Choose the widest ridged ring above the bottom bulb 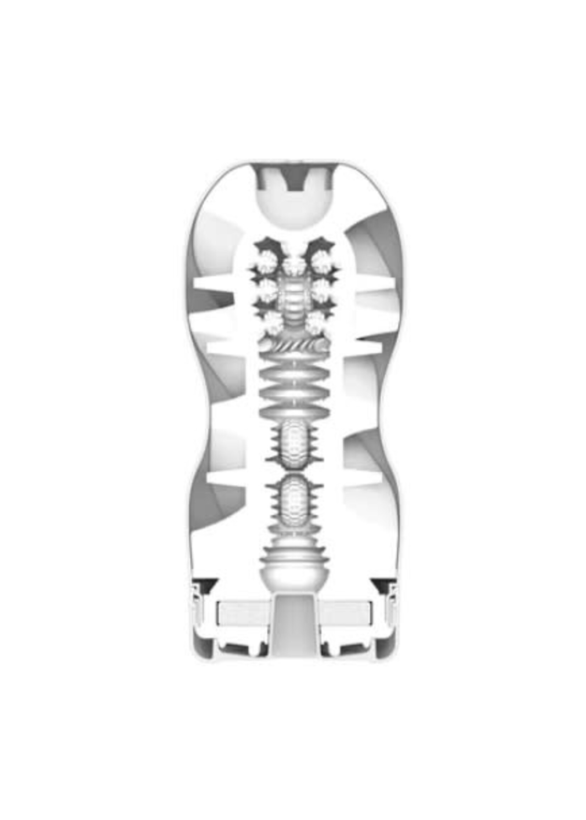pos(293,557)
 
